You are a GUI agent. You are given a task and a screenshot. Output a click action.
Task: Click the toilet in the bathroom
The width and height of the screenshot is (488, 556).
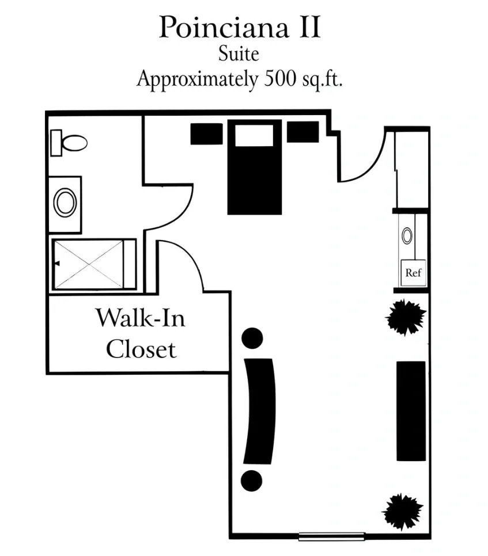point(69,143)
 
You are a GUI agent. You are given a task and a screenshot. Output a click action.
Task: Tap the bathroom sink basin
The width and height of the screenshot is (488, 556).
point(65,203)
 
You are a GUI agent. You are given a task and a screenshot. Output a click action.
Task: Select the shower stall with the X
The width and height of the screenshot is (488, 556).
point(94,264)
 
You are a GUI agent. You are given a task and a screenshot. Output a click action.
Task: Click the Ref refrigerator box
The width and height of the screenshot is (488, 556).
point(413,273)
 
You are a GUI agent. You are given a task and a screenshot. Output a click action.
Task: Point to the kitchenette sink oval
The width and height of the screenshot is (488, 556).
point(407,236)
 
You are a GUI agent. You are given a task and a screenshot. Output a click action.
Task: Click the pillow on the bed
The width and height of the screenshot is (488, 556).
point(254,135)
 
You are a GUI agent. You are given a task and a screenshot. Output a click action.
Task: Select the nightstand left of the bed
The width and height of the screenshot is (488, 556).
point(207,134)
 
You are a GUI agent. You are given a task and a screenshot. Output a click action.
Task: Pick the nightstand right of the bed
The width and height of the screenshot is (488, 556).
point(302,132)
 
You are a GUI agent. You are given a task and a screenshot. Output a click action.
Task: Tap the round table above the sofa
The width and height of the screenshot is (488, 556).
point(252,338)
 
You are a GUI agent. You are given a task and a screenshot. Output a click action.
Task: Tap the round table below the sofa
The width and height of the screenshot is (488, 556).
point(252,481)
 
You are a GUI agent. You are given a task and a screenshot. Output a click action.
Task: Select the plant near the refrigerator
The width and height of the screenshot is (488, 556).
point(406,317)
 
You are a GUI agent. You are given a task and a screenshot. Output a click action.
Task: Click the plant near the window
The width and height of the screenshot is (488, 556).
point(403,512)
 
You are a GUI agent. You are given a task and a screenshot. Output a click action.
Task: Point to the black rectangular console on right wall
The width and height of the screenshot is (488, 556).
point(411,411)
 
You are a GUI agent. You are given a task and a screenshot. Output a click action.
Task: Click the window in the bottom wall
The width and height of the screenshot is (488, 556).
point(332,536)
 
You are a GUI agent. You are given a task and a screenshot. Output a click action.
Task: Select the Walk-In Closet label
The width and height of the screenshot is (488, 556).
point(141,333)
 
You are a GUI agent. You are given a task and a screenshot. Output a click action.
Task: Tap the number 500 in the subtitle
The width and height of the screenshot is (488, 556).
point(280,78)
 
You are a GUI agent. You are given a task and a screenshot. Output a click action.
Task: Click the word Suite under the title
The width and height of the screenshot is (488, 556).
point(239,54)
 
